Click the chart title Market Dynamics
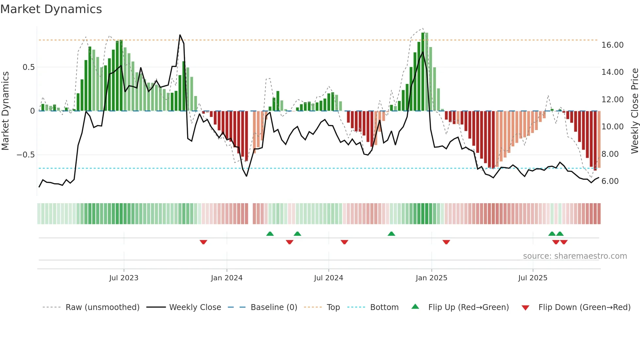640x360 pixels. click(x=51, y=9)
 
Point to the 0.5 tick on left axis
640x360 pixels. click(x=28, y=67)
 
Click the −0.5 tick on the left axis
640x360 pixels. click(x=26, y=155)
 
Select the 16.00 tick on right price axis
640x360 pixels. click(x=612, y=45)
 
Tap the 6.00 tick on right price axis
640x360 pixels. click(x=610, y=181)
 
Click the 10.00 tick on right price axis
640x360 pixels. click(x=612, y=127)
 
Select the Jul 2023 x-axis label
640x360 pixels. click(x=124, y=278)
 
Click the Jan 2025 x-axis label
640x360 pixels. click(x=431, y=278)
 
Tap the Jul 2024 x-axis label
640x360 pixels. click(x=328, y=278)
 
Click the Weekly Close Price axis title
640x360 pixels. click(x=634, y=111)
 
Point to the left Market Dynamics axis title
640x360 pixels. click(x=5, y=111)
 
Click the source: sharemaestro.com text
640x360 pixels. click(x=575, y=256)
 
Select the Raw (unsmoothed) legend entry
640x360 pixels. click(x=102, y=307)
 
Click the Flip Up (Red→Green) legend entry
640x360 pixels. click(x=468, y=307)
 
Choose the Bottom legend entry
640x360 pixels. click(x=384, y=307)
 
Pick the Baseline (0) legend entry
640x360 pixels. click(x=274, y=307)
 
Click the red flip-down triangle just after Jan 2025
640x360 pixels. click(x=446, y=242)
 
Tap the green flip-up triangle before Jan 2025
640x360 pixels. click(x=391, y=234)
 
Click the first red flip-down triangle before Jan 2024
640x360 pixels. click(x=203, y=242)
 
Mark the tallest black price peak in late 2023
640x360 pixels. click(x=180, y=35)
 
